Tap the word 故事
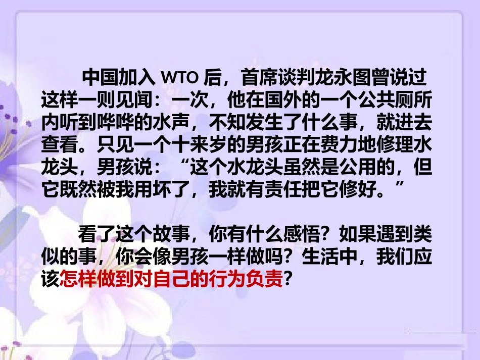tap(172, 235)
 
